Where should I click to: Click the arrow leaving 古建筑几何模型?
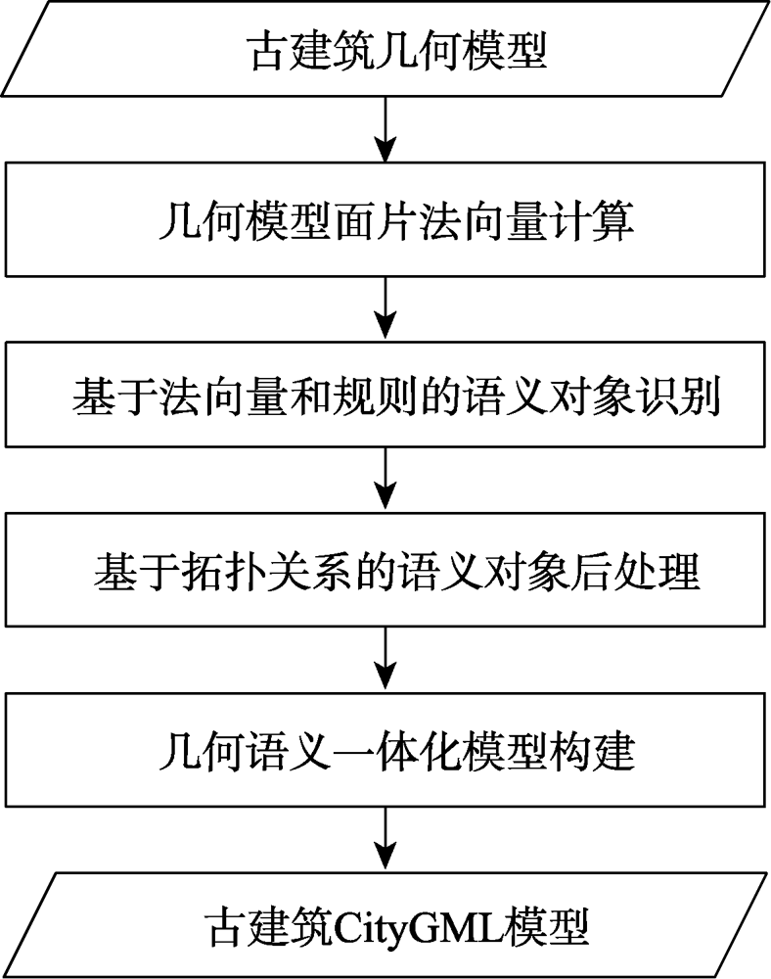pyautogui.click(x=385, y=129)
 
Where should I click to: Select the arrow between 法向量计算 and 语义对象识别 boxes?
pyautogui.click(x=385, y=308)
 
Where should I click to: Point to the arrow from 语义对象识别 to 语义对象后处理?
pyautogui.click(x=385, y=480)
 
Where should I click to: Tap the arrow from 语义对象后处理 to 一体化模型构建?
pyautogui.click(x=385, y=659)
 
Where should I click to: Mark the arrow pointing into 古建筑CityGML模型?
pyautogui.click(x=385, y=839)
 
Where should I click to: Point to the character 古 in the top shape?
pyautogui.click(x=269, y=51)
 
